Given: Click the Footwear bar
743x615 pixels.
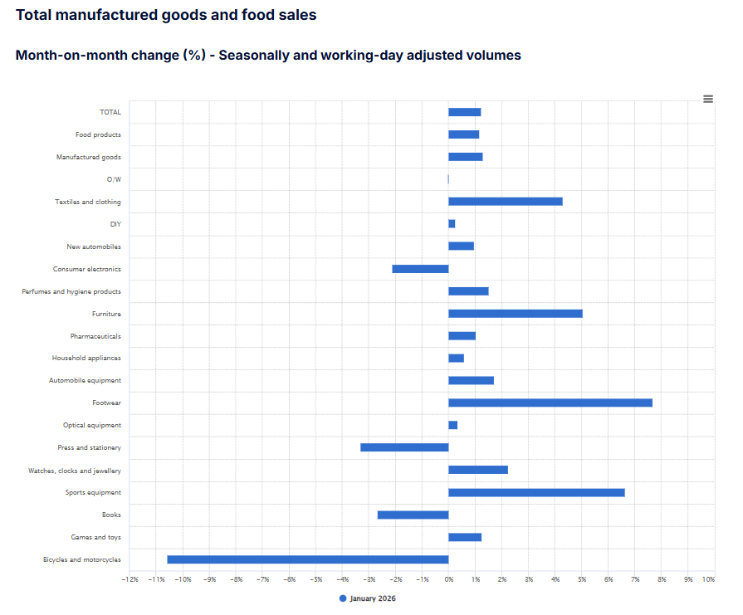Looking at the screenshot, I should click(550, 403).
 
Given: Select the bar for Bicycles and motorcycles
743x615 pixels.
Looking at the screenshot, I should click(307, 559).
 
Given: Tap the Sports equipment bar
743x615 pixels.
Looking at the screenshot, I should click(536, 492).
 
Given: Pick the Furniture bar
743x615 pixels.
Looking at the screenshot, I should click(515, 314).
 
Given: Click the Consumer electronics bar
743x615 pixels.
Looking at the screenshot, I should click(420, 269).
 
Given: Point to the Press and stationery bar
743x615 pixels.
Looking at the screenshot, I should click(404, 447).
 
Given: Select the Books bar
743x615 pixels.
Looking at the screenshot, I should click(413, 515).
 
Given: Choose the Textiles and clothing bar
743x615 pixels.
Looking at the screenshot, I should click(505, 202).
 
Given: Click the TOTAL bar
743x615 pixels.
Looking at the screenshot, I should click(464, 112).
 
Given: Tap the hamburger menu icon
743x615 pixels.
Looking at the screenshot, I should click(708, 99).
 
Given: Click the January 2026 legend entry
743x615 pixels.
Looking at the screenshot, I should click(367, 598).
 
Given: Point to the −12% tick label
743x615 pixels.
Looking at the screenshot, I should click(130, 579).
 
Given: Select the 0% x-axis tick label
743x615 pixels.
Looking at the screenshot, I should click(448, 579).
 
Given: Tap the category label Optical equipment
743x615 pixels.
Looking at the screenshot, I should click(91, 425).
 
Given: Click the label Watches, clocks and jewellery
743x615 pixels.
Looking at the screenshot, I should click(75, 471).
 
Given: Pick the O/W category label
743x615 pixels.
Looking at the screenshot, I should click(113, 179).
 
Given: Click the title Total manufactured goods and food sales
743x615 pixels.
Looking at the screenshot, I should click(166, 15).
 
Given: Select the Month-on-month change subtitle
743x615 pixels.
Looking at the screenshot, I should click(268, 56).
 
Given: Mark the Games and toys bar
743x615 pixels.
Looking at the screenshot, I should click(464, 537).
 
